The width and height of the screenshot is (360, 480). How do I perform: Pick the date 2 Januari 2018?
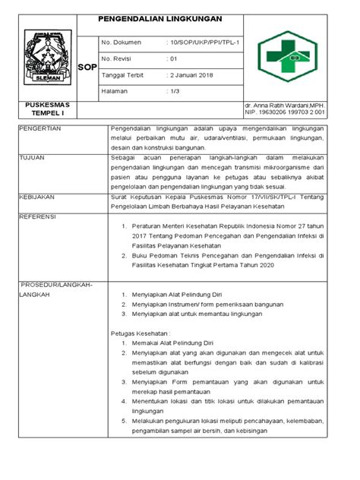(193, 74)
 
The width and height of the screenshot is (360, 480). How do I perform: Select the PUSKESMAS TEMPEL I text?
(48, 108)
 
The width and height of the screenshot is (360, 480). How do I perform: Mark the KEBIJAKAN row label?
(39, 194)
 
